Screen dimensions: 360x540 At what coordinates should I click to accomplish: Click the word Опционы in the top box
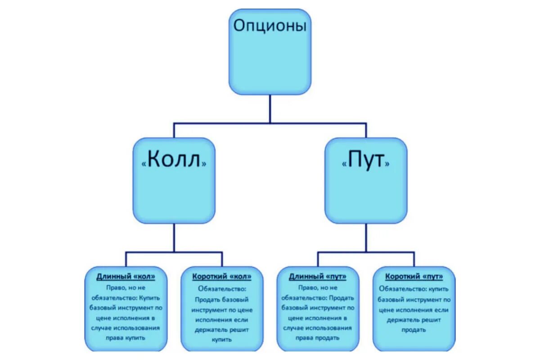[270, 26]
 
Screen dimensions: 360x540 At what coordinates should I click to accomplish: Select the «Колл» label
[174, 161]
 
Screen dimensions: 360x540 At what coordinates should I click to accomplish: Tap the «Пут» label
[365, 161]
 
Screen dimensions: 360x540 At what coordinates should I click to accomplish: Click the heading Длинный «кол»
[126, 276]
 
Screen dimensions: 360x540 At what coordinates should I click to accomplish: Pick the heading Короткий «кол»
[221, 276]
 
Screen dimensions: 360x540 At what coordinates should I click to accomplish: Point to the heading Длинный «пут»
[318, 276]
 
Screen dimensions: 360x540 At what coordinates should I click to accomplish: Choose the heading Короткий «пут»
[414, 276]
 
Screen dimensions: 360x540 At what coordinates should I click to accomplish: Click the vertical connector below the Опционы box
[270, 108]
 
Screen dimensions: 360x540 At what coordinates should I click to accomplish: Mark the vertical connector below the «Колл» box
[174, 238]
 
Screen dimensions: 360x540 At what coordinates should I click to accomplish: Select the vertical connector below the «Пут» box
[366, 238]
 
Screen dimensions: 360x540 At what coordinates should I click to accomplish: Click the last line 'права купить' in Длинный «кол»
[126, 338]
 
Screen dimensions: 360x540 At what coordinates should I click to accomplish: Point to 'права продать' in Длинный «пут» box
[318, 338]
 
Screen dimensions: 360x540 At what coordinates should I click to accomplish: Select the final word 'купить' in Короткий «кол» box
[221, 340]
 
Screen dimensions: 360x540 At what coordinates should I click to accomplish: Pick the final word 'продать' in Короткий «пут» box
[414, 330]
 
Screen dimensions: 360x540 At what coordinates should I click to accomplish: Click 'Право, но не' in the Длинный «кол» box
[126, 287]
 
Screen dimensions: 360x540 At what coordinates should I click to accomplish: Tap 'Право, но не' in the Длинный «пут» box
[318, 287]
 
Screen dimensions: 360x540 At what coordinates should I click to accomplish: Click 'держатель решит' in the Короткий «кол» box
[221, 330]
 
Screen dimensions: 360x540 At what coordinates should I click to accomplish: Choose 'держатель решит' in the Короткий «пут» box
[414, 319]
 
